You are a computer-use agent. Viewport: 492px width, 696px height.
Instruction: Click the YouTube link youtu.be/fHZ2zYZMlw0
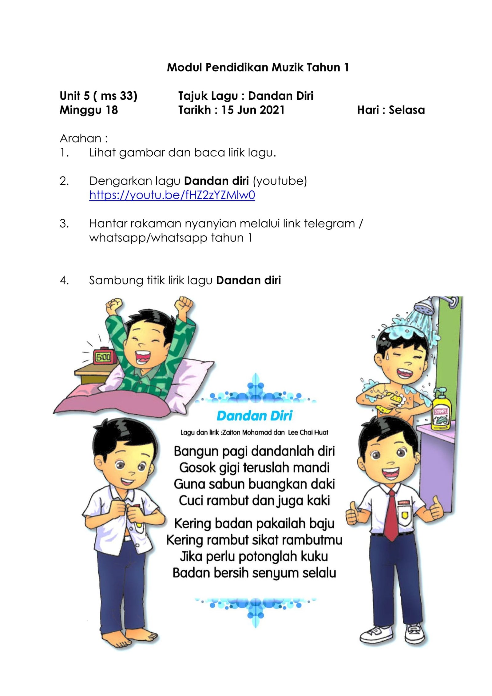[172, 195]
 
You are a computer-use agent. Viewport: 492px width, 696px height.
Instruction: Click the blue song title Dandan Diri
[254, 416]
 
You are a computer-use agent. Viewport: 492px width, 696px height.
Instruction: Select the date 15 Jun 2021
[253, 110]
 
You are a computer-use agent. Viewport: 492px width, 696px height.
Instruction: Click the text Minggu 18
[89, 110]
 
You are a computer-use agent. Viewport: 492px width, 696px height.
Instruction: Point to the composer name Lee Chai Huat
[308, 432]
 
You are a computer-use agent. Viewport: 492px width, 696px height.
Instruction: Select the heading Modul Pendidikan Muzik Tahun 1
[258, 67]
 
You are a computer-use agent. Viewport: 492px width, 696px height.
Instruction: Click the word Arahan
[81, 138]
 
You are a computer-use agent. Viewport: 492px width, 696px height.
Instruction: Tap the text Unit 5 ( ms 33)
[98, 96]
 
